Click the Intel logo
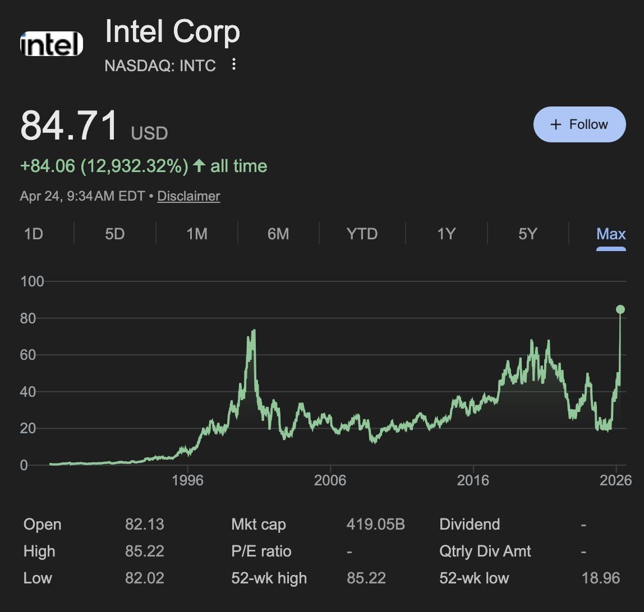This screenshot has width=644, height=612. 51,44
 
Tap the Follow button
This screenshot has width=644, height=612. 579,124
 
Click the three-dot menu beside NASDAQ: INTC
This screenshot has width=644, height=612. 234,65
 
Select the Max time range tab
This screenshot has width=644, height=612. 610,234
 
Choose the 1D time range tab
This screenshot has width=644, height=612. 34,234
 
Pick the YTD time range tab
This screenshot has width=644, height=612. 362,234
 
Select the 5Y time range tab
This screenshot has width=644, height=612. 527,234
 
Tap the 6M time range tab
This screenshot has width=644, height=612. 278,234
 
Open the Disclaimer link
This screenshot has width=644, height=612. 188,196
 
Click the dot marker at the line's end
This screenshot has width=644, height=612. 620,309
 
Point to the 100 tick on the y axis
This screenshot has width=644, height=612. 32,281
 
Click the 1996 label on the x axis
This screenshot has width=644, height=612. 188,480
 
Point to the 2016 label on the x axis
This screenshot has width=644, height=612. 473,480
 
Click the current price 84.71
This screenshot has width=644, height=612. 70,126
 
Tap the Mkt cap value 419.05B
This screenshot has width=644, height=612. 375,525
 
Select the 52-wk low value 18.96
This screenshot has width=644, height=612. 601,578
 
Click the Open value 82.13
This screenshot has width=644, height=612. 144,525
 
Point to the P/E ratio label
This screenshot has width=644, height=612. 261,551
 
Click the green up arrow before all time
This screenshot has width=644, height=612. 199,166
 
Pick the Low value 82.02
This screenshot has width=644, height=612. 144,578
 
